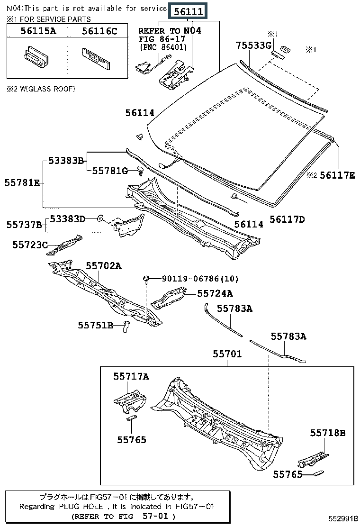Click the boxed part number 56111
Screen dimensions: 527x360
point(188,12)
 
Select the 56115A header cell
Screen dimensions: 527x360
point(36,32)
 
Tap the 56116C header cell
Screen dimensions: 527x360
point(99,32)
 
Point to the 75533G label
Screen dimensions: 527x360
point(254,45)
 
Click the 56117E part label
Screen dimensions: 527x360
point(337,175)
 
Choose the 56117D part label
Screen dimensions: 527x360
point(287,219)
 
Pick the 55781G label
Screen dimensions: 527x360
point(110,171)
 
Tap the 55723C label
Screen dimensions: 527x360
point(30,245)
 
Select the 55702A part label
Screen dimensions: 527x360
point(103,266)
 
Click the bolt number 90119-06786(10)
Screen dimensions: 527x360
point(200,279)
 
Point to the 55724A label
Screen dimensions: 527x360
point(215,294)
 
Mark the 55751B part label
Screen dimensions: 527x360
point(96,325)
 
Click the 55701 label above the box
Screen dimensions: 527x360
point(227,354)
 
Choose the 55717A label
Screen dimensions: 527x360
point(131,376)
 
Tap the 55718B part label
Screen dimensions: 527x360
point(328,432)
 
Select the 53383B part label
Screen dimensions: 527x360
point(66,161)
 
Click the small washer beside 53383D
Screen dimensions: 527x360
point(100,218)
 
